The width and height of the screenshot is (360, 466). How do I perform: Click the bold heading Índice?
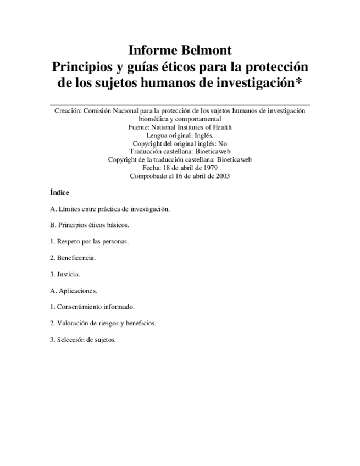click(59, 193)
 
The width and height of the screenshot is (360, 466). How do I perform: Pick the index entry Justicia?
click(68, 274)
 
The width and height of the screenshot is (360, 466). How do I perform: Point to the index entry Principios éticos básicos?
click(93, 225)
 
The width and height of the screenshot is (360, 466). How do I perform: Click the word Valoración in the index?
click(74, 323)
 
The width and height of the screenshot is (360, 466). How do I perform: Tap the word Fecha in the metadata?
click(151, 168)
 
